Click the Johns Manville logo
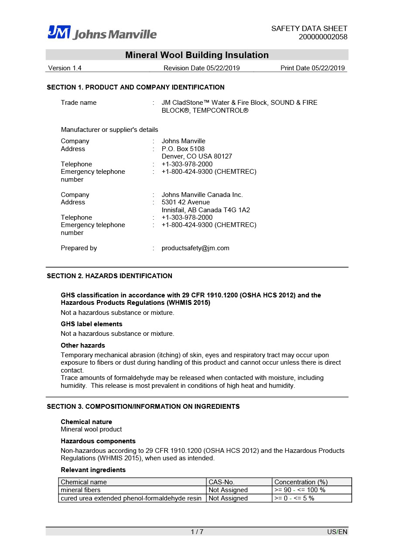tap(102, 33)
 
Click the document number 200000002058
tap(323, 37)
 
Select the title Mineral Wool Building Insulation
tap(197, 55)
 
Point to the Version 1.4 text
tap(65, 68)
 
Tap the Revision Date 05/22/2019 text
tap(202, 68)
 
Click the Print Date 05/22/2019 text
tap(312, 68)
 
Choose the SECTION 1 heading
tap(136, 87)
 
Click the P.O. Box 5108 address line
tap(183, 149)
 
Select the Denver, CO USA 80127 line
tap(197, 156)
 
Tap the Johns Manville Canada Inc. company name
tap(202, 195)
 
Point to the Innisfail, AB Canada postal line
tap(206, 210)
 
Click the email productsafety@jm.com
tap(195, 248)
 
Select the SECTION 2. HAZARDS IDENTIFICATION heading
tap(110, 276)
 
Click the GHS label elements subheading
tap(92, 324)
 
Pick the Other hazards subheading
tap(83, 345)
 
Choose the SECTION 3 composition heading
tap(143, 407)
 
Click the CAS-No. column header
tap(221, 482)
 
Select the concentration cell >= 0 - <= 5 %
tap(294, 498)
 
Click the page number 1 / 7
tap(197, 531)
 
